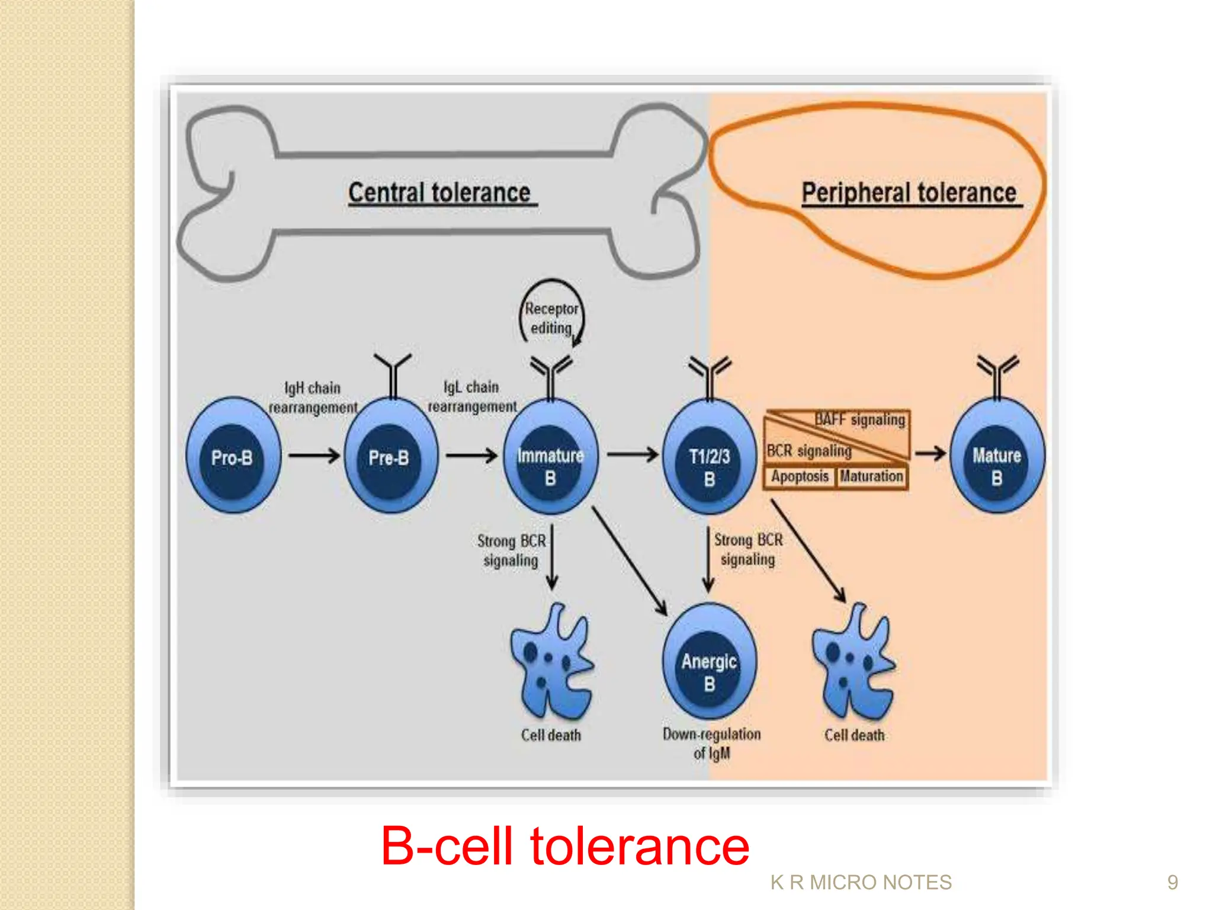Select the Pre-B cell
390,456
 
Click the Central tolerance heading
439,193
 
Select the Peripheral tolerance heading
909,193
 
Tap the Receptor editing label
551,318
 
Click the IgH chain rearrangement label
313,398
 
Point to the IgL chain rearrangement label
472,396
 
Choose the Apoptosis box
800,476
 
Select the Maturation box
871,476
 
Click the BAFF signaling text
860,419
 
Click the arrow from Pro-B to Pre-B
314,456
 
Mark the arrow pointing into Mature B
930,454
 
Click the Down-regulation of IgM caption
711,743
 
